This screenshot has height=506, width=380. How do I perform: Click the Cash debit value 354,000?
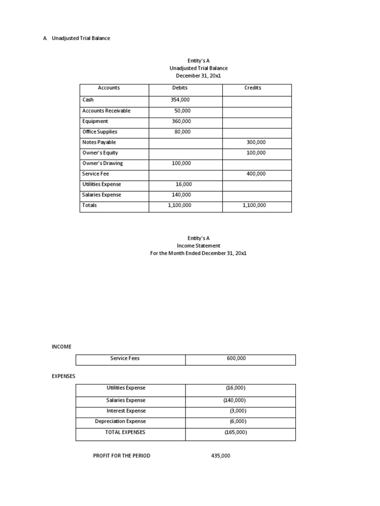(x=180, y=100)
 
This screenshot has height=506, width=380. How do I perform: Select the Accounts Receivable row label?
(x=106, y=111)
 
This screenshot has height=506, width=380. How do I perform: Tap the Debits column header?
(x=180, y=88)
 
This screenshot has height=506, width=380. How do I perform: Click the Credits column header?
(x=253, y=88)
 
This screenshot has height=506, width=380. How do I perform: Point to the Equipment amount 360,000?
(x=180, y=121)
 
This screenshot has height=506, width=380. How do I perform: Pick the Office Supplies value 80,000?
(x=182, y=132)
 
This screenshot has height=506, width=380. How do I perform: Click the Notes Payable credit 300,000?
(x=256, y=142)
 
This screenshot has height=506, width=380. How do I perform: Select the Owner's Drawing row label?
(x=102, y=163)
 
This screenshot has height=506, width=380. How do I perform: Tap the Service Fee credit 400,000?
(x=256, y=174)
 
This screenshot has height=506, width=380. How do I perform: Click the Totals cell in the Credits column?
(x=254, y=205)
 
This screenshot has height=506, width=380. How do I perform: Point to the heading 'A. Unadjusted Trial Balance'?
(x=77, y=38)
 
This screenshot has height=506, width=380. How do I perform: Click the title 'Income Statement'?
(x=198, y=246)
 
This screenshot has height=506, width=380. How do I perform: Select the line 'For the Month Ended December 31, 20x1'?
(x=198, y=253)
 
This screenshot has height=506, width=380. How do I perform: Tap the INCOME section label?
(x=61, y=347)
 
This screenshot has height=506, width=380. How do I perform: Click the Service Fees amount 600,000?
(x=236, y=359)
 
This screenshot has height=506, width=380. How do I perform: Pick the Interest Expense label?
(x=126, y=411)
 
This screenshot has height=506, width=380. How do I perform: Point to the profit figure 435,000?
(x=221, y=456)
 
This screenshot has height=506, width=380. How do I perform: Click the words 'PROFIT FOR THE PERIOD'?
(x=122, y=456)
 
